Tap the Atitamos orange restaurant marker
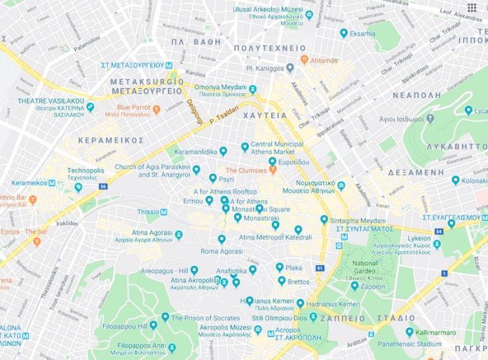click(304, 60)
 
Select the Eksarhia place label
click(362, 33)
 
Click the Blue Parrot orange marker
click(156, 109)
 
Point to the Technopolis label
click(86, 171)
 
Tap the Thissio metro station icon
click(164, 211)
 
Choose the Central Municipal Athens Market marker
click(245, 147)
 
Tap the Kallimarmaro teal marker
click(409, 332)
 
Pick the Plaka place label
click(293, 267)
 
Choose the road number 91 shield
click(320, 268)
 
